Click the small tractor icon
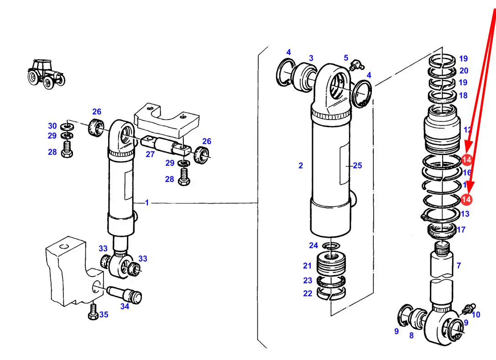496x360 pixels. pyautogui.click(x=46, y=73)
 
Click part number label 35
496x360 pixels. pyautogui.click(x=104, y=314)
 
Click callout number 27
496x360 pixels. pyautogui.click(x=150, y=154)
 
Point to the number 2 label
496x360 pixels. pyautogui.click(x=301, y=166)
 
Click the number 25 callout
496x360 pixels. pyautogui.click(x=357, y=166)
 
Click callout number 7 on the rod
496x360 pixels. pyautogui.click(x=459, y=265)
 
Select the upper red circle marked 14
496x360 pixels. pyautogui.click(x=466, y=160)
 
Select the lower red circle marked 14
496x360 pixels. pyautogui.click(x=466, y=199)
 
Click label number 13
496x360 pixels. pyautogui.click(x=465, y=214)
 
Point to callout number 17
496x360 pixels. pyautogui.click(x=461, y=230)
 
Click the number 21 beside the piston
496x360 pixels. pyautogui.click(x=307, y=266)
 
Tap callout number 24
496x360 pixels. pyautogui.click(x=313, y=245)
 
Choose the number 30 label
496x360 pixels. pyautogui.click(x=52, y=126)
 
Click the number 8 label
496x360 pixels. pyautogui.click(x=411, y=336)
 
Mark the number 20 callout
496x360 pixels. pyautogui.click(x=464, y=71)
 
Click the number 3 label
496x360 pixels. pyautogui.click(x=311, y=58)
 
